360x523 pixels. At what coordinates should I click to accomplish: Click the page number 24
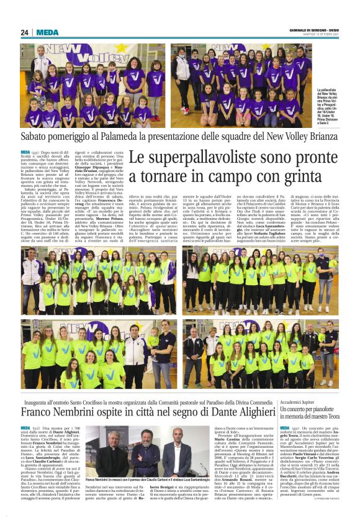pos(25,32)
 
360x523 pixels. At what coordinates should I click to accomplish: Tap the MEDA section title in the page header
pos(47,32)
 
